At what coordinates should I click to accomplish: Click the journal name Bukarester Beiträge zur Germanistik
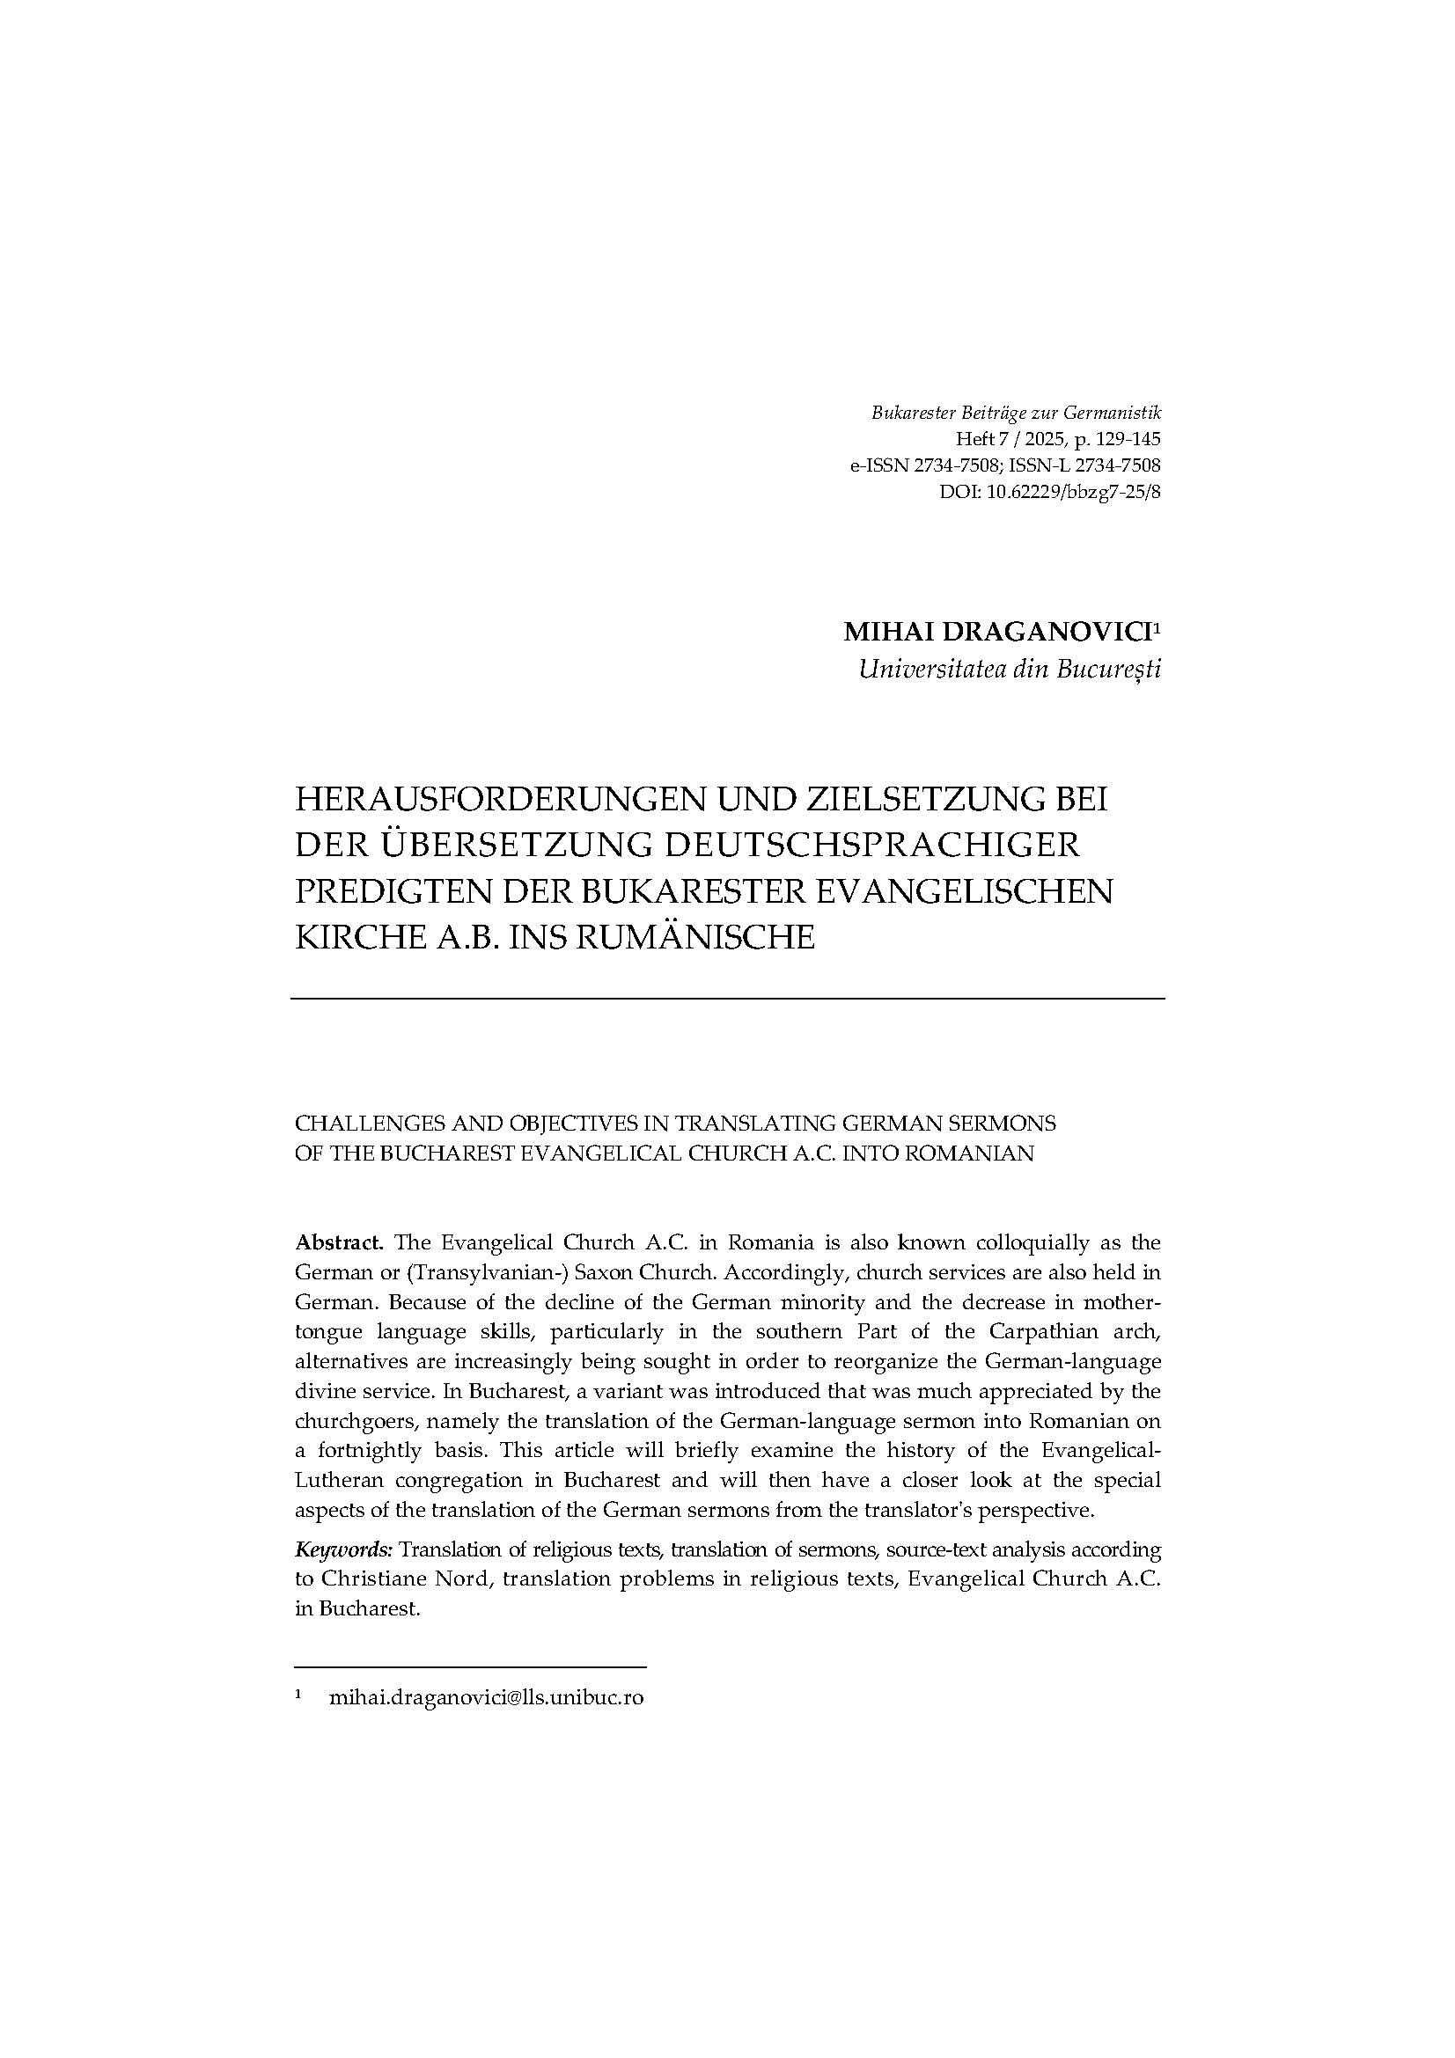click(1016, 414)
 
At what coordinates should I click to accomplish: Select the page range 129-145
click(1127, 439)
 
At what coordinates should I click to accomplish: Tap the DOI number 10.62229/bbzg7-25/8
click(1073, 491)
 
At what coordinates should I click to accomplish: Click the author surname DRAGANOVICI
click(1046, 632)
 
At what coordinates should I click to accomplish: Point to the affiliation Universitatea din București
click(1009, 670)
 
